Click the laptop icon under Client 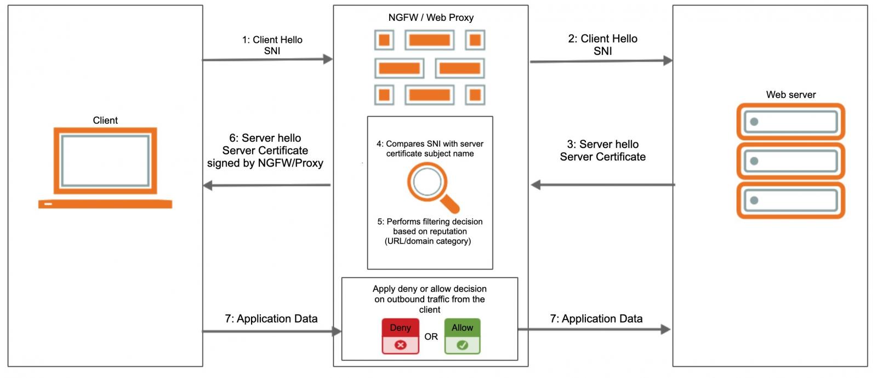click(x=105, y=167)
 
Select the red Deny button click(x=400, y=336)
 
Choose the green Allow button click(x=462, y=336)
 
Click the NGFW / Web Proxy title click(x=431, y=18)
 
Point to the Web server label click(x=790, y=95)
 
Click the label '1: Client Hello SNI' click(x=272, y=45)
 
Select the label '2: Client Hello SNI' click(x=602, y=44)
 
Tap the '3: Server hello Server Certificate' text click(x=602, y=151)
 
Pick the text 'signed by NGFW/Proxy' click(x=265, y=163)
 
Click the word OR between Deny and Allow click(x=431, y=337)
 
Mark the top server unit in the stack click(x=790, y=122)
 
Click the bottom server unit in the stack click(x=790, y=201)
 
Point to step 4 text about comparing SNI click(x=430, y=148)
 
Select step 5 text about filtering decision click(x=430, y=231)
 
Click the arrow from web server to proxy click(x=602, y=185)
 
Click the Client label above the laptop click(x=105, y=121)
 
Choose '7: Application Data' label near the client click(x=271, y=319)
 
